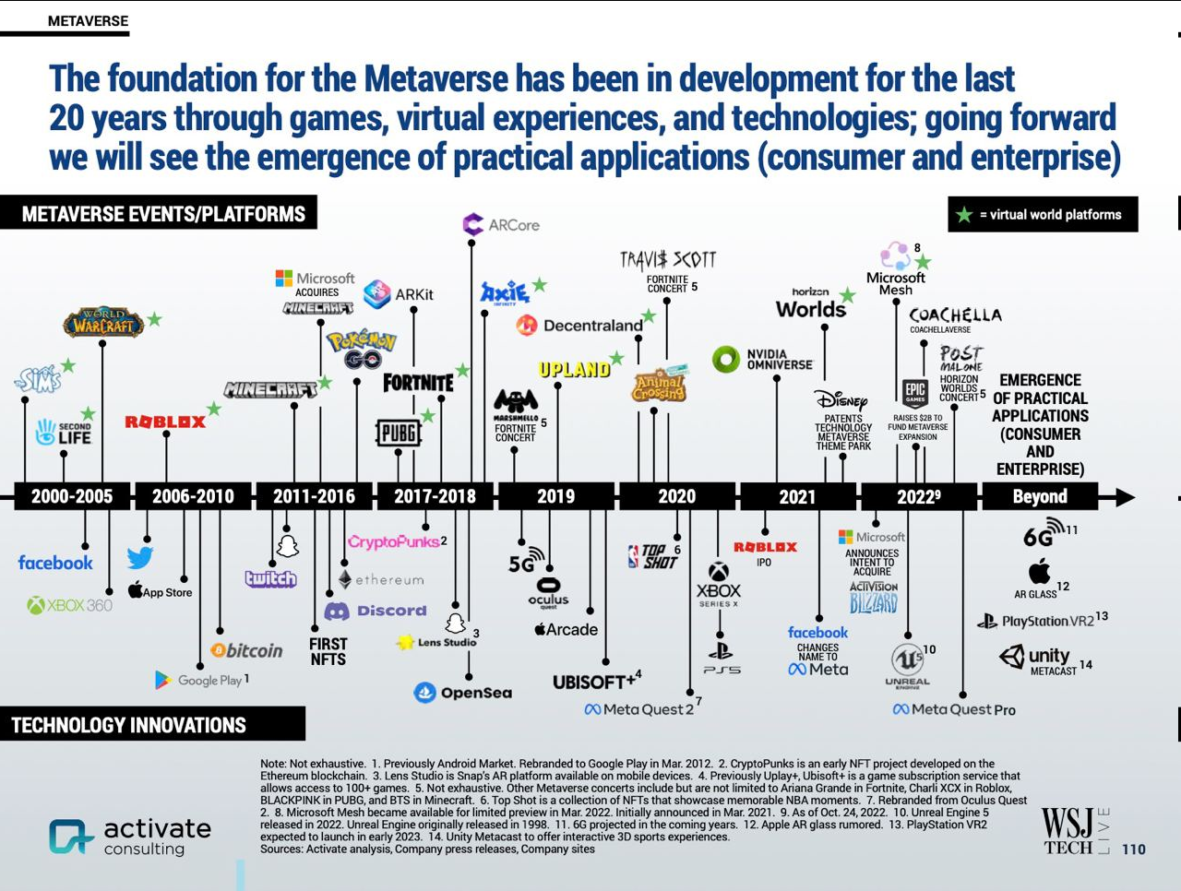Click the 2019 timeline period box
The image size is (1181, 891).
point(555,496)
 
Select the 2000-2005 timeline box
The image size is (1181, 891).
point(72,496)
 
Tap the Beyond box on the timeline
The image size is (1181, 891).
point(1040,496)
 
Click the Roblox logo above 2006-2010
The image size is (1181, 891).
point(165,422)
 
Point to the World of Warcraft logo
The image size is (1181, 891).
point(103,323)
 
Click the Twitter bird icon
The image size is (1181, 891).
point(140,558)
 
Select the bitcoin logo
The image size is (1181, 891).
point(246,650)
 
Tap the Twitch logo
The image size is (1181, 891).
point(270,579)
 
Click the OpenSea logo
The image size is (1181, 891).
point(463,693)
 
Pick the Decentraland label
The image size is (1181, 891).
point(581,326)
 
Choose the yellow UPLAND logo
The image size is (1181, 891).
point(574,370)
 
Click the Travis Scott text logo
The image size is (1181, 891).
point(668,260)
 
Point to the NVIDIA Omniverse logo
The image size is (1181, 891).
point(763,359)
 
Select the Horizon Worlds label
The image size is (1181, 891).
point(811,303)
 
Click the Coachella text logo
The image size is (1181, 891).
point(955,315)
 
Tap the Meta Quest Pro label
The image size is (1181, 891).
point(954,709)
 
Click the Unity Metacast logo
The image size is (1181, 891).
point(1038,659)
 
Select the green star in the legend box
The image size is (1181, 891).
point(964,215)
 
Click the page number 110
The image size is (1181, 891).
point(1133,849)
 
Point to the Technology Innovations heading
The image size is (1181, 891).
point(129,725)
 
